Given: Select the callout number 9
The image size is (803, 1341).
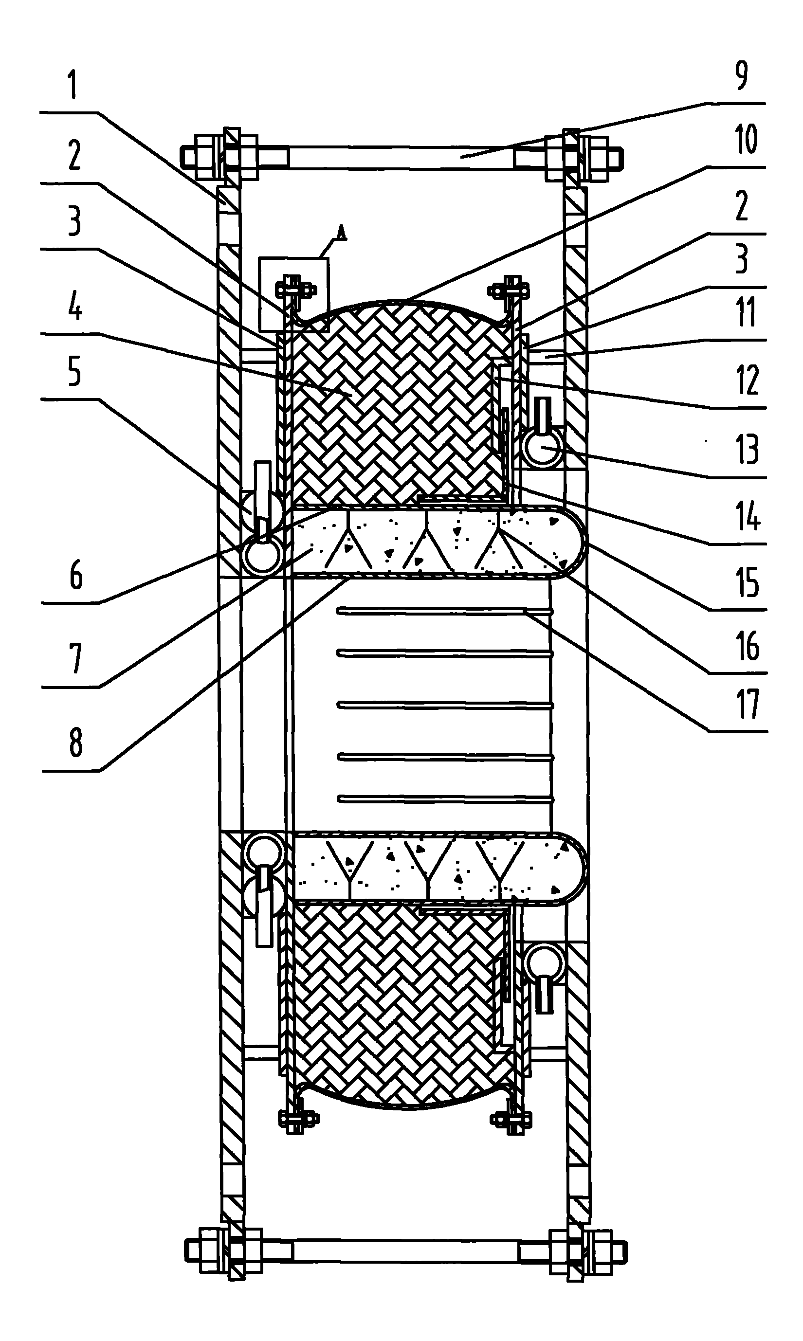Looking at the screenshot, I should click(x=742, y=75).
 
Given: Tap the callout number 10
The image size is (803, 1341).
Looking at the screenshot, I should click(x=746, y=140).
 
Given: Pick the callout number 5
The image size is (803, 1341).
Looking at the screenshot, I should click(x=74, y=373).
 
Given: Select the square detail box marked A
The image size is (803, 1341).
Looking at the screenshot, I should click(x=294, y=294).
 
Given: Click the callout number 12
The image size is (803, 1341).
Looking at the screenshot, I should click(x=748, y=381).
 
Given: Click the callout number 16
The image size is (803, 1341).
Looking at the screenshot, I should click(x=748, y=647).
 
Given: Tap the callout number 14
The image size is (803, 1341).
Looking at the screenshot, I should click(x=748, y=516).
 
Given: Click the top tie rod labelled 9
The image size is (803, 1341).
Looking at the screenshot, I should click(x=401, y=158).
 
